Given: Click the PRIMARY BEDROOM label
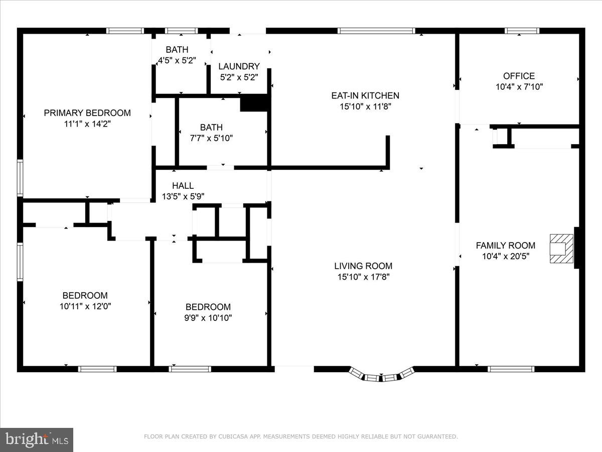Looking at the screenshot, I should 87,113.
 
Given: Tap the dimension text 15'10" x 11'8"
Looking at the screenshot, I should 365,106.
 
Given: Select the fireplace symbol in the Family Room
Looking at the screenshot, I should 561,248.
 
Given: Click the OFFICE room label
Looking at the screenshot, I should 519,76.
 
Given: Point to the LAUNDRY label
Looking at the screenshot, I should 239,66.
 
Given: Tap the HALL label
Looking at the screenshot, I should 183,186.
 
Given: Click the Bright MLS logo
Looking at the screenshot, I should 36,440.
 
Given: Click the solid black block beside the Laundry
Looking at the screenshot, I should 255,103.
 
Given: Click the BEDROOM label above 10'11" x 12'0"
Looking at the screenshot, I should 85,295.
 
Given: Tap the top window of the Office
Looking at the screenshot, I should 522,31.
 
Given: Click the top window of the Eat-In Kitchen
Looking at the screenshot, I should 377,31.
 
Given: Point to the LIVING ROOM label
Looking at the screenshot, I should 363,266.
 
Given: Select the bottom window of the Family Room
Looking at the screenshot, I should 511,369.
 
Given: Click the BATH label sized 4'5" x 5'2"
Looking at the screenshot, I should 177,50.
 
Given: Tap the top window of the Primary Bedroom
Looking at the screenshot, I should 125,31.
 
